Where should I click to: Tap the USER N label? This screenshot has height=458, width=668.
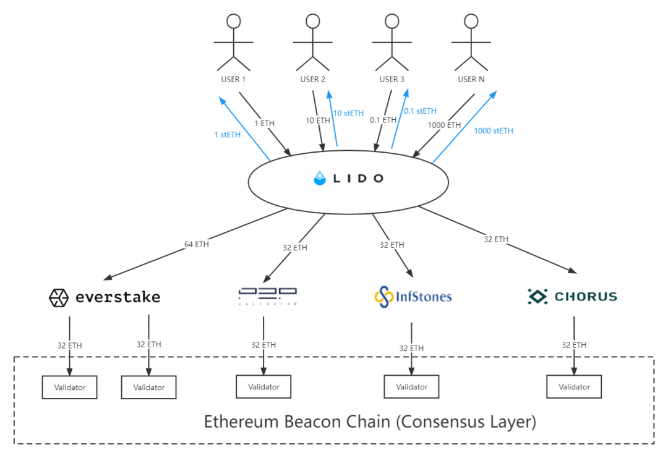[x=471, y=79]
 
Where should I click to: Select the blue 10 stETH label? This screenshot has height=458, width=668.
[x=348, y=113]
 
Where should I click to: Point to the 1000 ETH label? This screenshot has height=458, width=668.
[x=445, y=125]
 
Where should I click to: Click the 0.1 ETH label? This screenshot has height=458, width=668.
[x=383, y=120]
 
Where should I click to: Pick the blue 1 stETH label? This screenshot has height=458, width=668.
[x=227, y=135]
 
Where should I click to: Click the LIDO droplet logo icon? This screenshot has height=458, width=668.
[x=319, y=179]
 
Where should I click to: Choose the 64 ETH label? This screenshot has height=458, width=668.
[x=197, y=244]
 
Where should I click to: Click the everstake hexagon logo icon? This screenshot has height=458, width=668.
[x=59, y=298]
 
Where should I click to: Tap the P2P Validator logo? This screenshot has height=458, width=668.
[x=268, y=295]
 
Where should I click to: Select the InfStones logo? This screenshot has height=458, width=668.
[x=413, y=296]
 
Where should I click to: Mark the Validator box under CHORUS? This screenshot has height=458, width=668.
[x=574, y=387]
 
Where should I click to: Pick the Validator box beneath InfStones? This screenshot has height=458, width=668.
[x=411, y=387]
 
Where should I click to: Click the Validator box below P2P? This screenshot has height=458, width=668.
[x=263, y=387]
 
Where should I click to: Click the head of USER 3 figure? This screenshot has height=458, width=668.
[x=392, y=21]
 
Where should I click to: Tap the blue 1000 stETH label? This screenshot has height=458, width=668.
[x=494, y=131]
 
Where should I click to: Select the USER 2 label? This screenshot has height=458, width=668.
[x=312, y=79]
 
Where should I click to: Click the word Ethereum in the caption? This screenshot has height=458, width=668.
[x=242, y=422]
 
